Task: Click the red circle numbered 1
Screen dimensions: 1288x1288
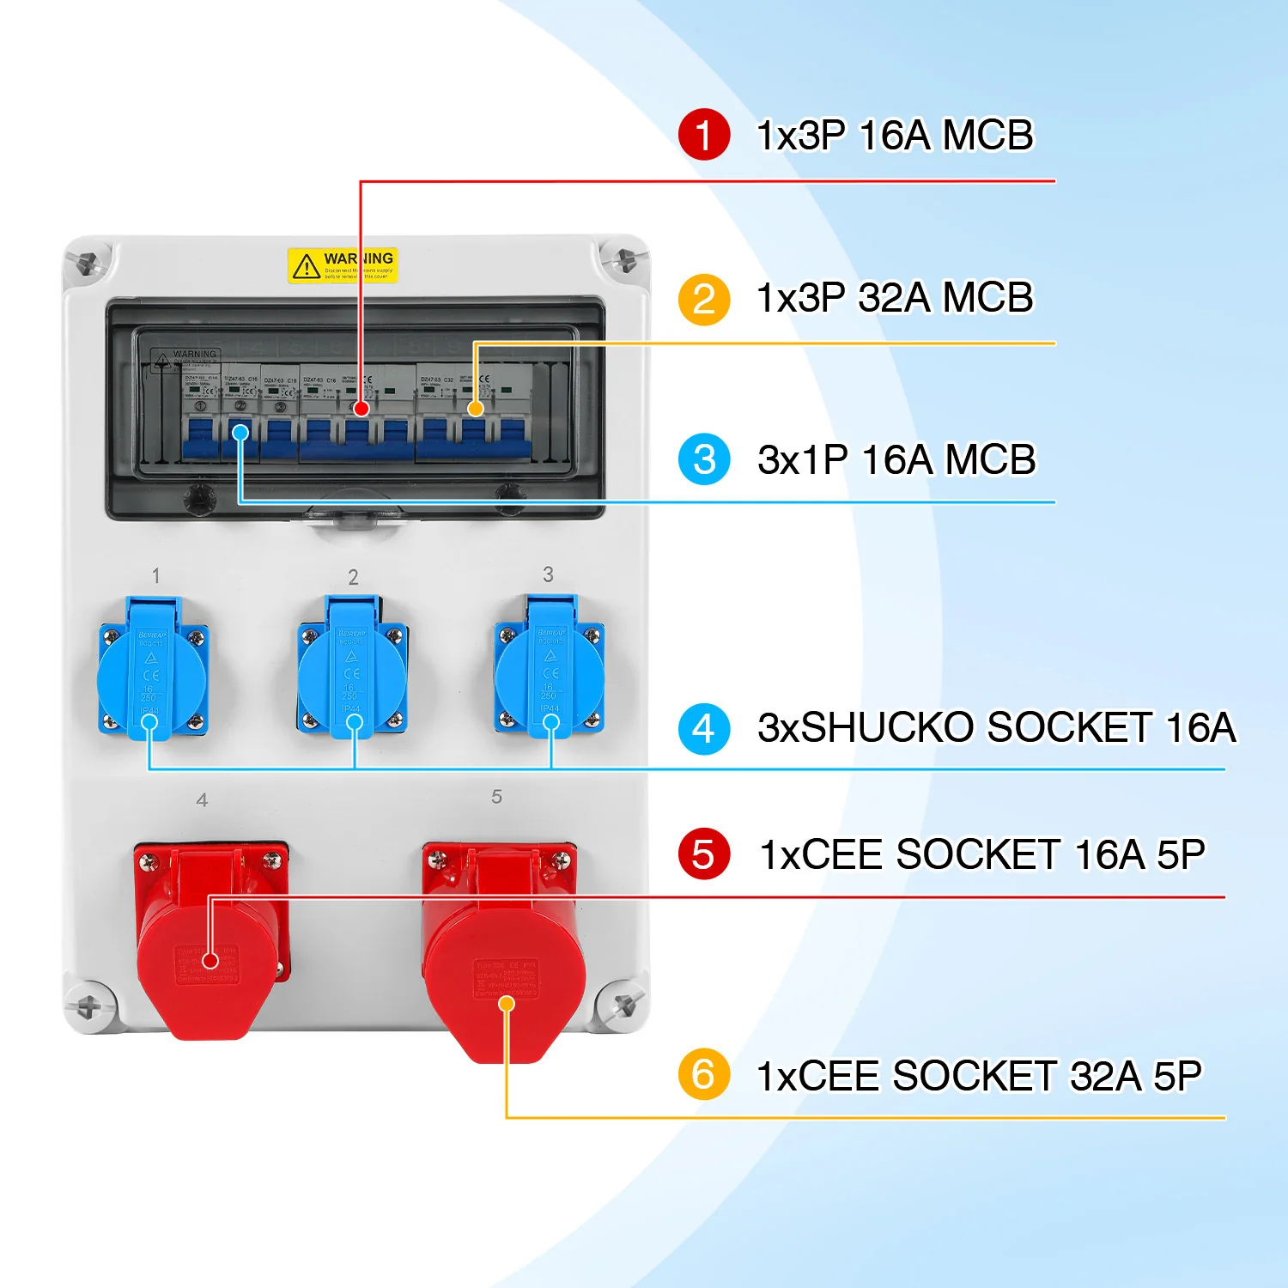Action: [703, 135]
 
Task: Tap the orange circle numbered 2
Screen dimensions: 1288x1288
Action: [703, 299]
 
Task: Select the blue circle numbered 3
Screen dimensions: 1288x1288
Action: [703, 459]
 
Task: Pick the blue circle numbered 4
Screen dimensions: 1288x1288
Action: [703, 729]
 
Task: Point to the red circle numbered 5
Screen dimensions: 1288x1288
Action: [703, 854]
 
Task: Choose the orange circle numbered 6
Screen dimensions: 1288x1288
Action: [703, 1073]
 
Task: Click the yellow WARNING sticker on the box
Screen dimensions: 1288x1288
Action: [343, 265]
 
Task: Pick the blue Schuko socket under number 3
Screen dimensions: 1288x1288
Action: [550, 668]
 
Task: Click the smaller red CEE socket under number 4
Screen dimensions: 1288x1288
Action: [210, 936]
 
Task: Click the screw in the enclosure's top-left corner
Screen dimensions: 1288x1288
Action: [87, 263]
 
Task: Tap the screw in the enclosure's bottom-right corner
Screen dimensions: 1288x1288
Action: [624, 1002]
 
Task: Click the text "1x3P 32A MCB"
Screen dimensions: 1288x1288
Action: [895, 299]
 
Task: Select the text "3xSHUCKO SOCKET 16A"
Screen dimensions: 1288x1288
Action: [996, 728]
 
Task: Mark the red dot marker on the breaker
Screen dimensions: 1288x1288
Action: [361, 409]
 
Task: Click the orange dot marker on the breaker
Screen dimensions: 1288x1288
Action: [475, 409]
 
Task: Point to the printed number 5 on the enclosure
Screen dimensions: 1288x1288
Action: [496, 797]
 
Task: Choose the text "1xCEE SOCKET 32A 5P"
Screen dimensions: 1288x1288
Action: [979, 1076]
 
